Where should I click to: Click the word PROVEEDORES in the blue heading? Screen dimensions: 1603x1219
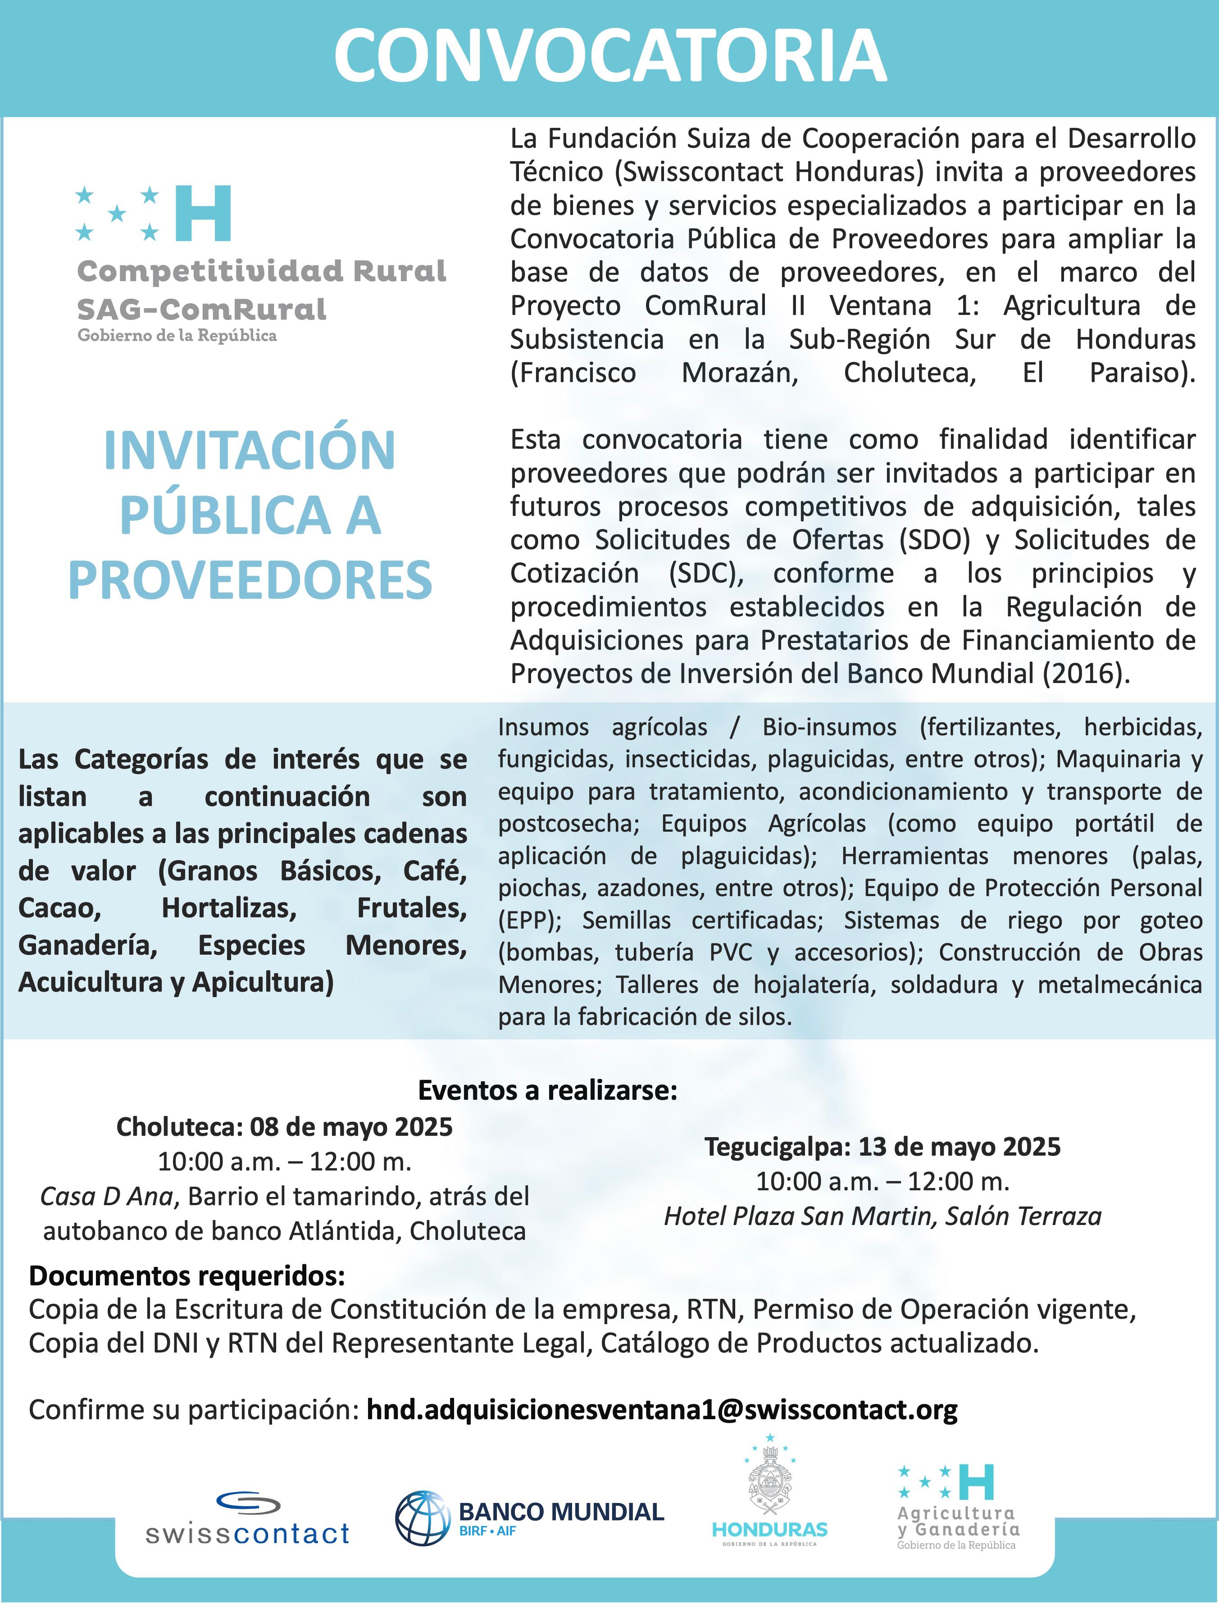point(250,581)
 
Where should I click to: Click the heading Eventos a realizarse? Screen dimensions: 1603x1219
point(548,1090)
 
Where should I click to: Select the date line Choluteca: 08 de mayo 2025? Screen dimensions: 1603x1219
point(284,1127)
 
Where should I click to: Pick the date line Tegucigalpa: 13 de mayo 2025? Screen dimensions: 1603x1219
point(882,1147)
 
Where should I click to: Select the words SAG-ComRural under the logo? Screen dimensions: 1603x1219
point(202,309)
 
